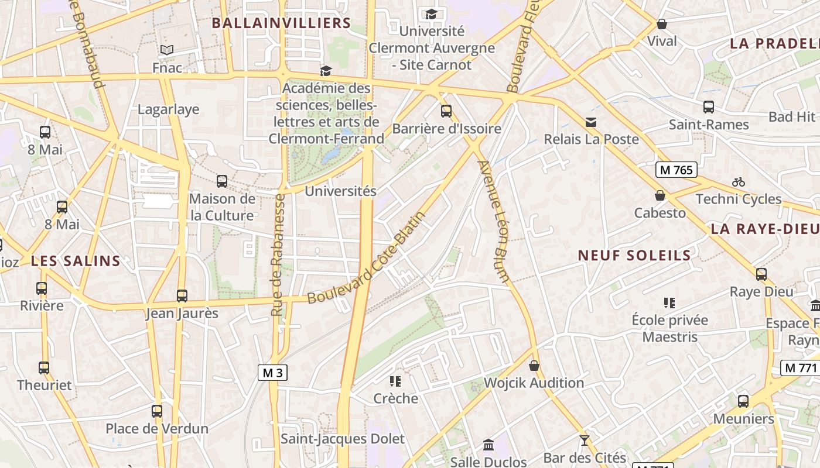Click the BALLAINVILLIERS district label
tap(281, 23)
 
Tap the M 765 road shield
tap(676, 170)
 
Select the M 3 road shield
tap(273, 373)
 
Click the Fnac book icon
tap(167, 50)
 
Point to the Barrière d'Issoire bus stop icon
tap(446, 111)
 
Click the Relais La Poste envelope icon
tap(591, 122)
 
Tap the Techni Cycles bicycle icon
tap(739, 182)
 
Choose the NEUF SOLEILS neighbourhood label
tap(634, 256)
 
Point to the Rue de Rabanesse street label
tap(278, 255)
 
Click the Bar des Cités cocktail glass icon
tap(584, 441)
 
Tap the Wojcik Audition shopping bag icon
tap(534, 366)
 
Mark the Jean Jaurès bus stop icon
tap(182, 296)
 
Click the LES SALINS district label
tap(76, 261)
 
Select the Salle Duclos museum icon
tap(488, 445)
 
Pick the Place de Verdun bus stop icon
tap(157, 411)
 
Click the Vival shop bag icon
tap(662, 24)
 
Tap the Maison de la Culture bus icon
tap(222, 181)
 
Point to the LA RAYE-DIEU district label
tap(765, 229)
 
